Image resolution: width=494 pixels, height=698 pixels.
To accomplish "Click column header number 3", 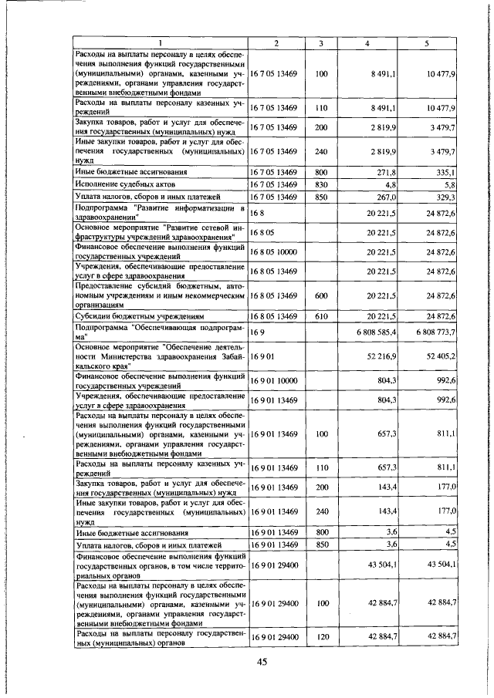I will click(322, 42).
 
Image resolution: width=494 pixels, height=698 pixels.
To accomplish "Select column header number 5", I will click(426, 42).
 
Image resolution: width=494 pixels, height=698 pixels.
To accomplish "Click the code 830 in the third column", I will click(322, 184).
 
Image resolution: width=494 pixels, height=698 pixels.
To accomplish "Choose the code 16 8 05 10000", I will click(274, 251).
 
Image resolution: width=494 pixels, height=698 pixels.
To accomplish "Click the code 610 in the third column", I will click(322, 316).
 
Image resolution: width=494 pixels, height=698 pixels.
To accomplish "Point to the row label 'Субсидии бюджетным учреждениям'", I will click(139, 316).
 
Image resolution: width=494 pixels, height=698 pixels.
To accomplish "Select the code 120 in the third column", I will click(322, 637).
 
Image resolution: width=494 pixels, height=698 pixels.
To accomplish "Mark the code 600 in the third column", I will click(322, 295).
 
